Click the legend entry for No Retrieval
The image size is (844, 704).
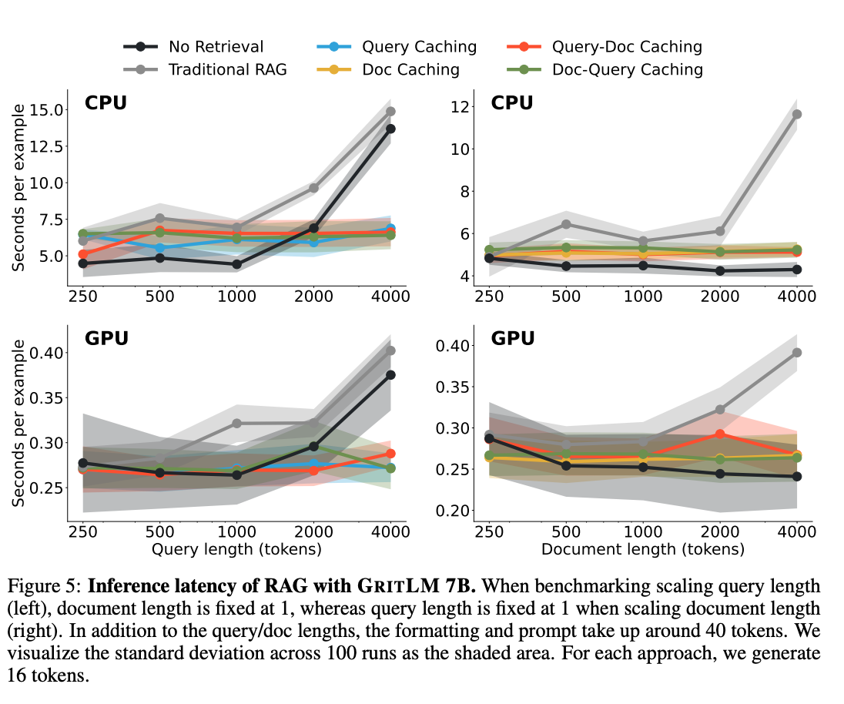[x=216, y=47]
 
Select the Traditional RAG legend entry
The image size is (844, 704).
[x=227, y=69]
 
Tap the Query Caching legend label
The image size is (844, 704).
[x=420, y=47]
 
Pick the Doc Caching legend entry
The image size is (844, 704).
[x=410, y=69]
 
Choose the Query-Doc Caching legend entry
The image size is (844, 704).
[x=627, y=47]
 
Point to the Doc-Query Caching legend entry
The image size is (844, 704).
[x=627, y=69]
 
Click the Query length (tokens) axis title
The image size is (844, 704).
[x=236, y=550]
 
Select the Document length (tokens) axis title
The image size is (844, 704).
[x=643, y=550]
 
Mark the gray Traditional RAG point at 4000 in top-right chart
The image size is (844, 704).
[x=797, y=114]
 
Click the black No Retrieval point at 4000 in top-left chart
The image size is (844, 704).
[x=390, y=129]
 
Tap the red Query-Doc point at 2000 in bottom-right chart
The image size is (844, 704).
[x=720, y=434]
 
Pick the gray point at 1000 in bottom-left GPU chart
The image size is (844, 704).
[x=236, y=424]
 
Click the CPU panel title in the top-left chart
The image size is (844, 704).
[x=105, y=102]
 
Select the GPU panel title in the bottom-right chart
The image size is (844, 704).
[x=512, y=338]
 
